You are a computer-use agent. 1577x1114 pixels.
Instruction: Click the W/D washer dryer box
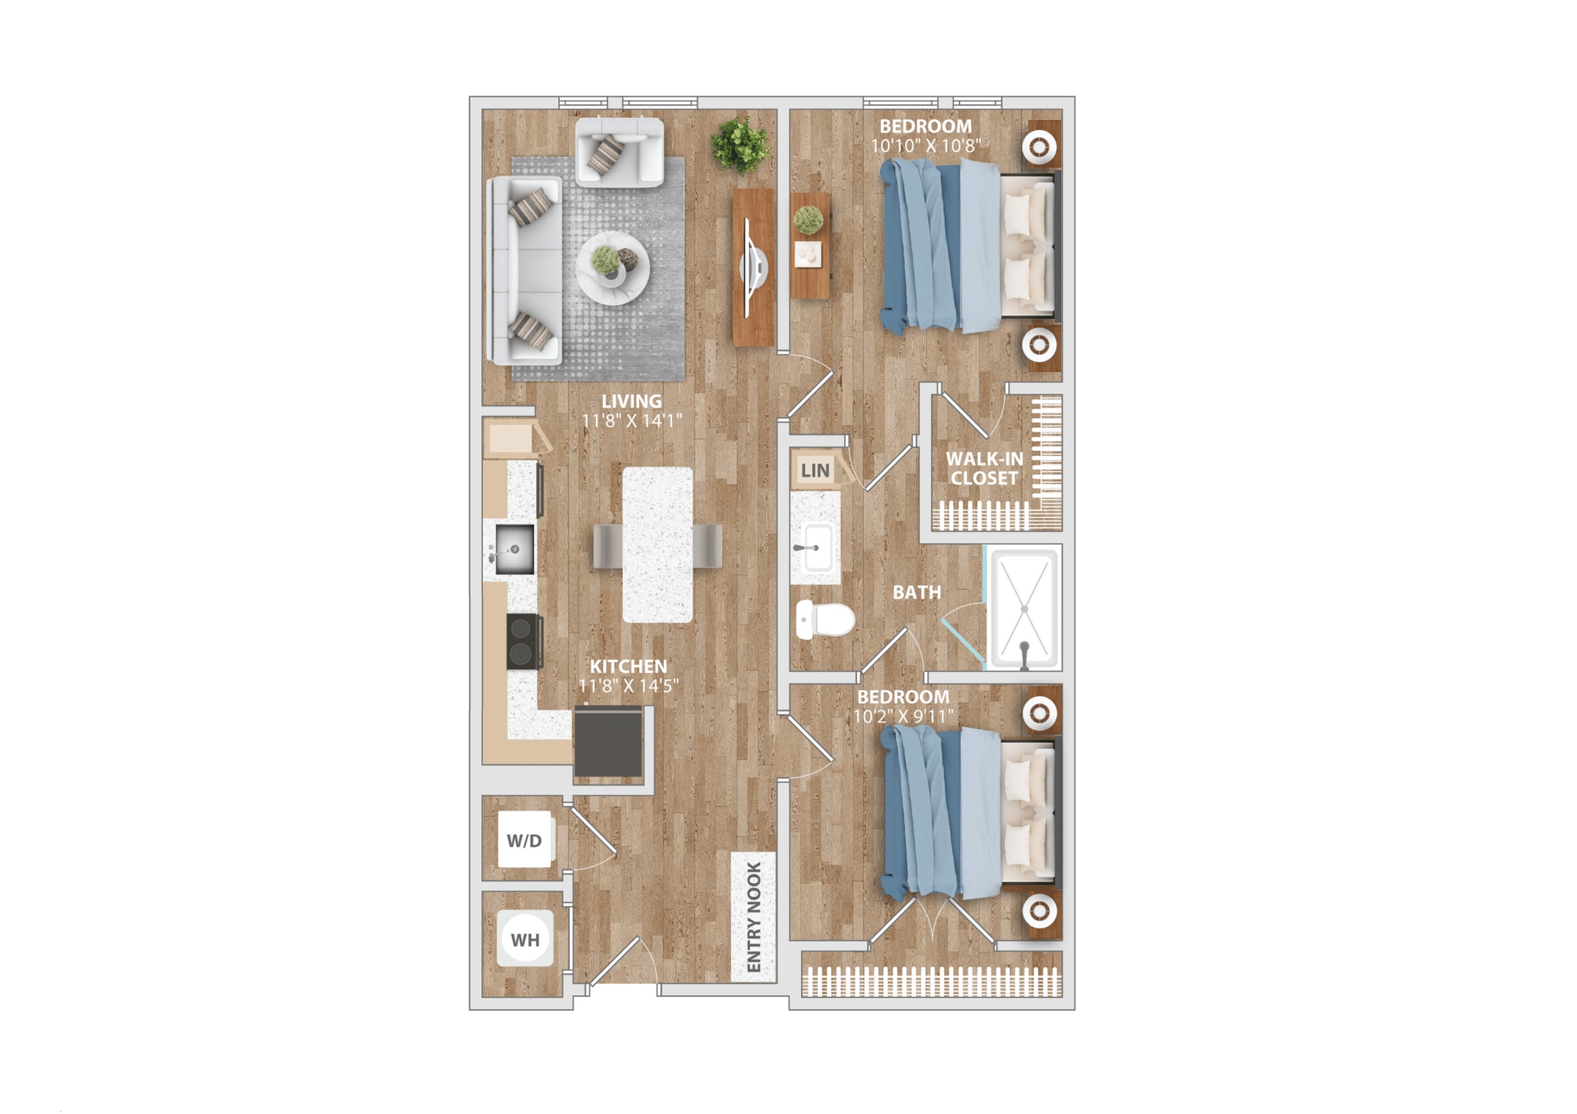coord(524,840)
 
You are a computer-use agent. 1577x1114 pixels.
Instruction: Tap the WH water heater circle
coord(525,938)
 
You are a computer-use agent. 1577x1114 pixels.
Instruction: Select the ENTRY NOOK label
coord(753,916)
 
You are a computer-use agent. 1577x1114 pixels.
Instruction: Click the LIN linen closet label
coord(815,470)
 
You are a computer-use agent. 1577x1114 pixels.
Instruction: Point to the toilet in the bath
coord(825,619)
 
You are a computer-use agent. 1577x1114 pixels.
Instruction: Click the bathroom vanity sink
coord(815,547)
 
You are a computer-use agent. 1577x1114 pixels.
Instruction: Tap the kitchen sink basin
coord(514,548)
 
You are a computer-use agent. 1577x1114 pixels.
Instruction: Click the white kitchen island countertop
coord(658,544)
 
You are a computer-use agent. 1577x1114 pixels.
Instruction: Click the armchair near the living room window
coord(618,152)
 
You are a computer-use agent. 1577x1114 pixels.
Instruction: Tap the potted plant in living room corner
coord(740,144)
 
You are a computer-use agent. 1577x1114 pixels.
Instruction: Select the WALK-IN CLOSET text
coord(984,468)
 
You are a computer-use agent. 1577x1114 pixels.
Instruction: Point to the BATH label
coord(916,592)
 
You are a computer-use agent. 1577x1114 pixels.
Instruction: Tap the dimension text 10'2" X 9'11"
coord(902,716)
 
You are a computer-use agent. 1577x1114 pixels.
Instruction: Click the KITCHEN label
coord(628,666)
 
